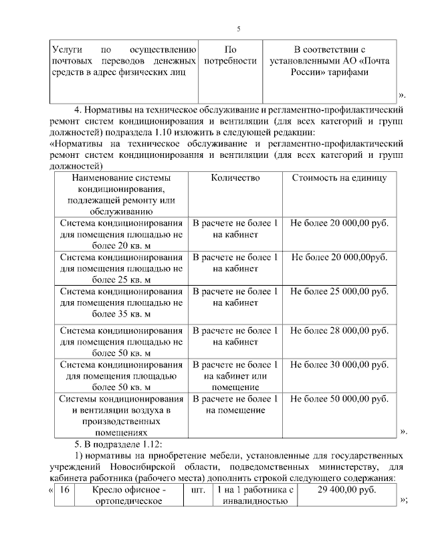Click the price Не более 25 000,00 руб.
pyautogui.click(x=340, y=292)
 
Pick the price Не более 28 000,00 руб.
pyautogui.click(x=340, y=331)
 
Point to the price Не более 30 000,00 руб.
pyautogui.click(x=340, y=365)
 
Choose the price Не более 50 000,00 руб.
pyautogui.click(x=340, y=399)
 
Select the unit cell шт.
pyautogui.click(x=198, y=490)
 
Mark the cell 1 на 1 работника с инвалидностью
pyautogui.click(x=256, y=496)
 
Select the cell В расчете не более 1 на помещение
pyautogui.click(x=235, y=404)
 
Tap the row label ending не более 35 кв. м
pyautogui.click(x=121, y=302)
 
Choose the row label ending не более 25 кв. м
pyautogui.click(x=121, y=268)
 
